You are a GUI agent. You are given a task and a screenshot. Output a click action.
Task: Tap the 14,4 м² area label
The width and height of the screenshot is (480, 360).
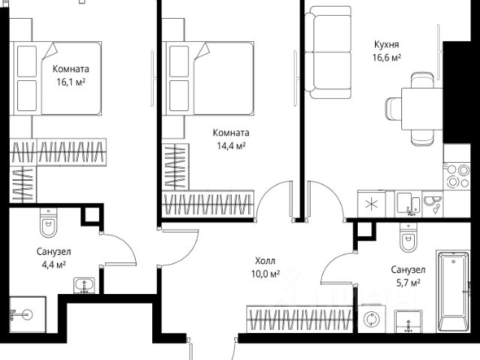[x=230, y=146]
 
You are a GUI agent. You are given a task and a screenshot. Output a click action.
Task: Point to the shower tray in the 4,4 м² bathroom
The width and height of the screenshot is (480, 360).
[x=27, y=315]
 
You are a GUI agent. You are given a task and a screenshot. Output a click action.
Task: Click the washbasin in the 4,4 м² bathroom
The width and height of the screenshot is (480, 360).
[x=82, y=285]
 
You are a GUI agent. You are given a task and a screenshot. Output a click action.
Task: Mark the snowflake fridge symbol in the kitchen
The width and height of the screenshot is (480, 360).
[x=370, y=205]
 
